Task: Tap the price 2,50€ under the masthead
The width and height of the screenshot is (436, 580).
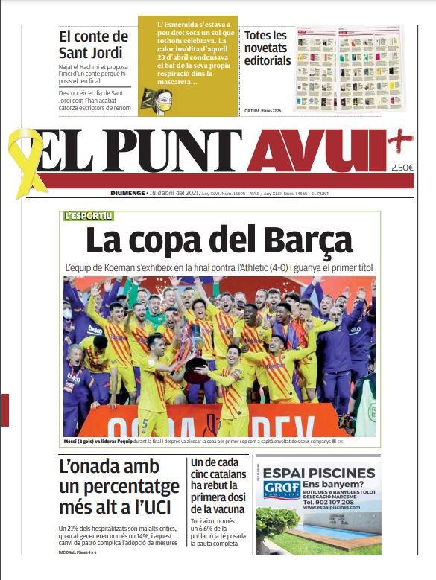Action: pos(402,168)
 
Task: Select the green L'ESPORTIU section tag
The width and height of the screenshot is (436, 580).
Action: pos(89,216)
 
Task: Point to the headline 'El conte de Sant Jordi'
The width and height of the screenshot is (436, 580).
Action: pos(93,45)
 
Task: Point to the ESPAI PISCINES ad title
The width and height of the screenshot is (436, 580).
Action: pos(319,473)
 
